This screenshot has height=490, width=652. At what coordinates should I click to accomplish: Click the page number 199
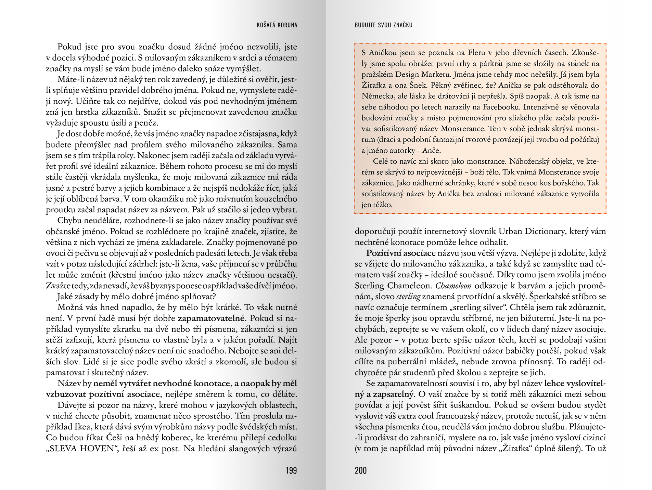click(291, 470)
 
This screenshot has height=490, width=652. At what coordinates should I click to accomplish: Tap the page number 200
click(361, 470)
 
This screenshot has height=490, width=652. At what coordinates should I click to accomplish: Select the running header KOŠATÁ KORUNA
click(277, 25)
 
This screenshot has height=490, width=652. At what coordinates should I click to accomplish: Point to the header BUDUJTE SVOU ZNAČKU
click(383, 25)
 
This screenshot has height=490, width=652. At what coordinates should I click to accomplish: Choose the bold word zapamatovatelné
click(212, 318)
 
